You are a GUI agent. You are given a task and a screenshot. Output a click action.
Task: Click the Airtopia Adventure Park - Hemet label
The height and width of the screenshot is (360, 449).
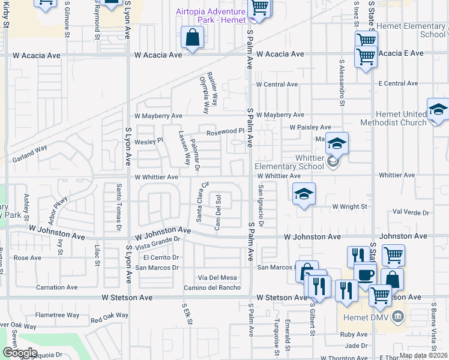[210, 16]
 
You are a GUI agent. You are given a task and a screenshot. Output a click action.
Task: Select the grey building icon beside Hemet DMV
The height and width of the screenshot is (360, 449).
[397, 316]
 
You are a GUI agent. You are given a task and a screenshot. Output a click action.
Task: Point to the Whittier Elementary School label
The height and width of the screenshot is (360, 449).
[289, 166]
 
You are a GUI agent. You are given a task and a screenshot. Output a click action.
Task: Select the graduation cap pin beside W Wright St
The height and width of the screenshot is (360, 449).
[304, 194]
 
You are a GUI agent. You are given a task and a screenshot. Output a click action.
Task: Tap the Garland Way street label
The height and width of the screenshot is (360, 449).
[29, 158]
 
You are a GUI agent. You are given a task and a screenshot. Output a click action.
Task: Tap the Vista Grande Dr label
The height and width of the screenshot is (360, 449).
[158, 243]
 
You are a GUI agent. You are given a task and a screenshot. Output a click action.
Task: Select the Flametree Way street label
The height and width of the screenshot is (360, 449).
[57, 315]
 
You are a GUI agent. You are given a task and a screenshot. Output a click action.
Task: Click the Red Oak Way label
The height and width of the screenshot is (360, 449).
[109, 317]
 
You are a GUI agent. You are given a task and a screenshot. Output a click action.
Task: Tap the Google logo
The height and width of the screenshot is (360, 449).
[20, 353]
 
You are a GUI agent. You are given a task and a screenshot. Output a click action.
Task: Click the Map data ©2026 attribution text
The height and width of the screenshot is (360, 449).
[423, 355]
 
